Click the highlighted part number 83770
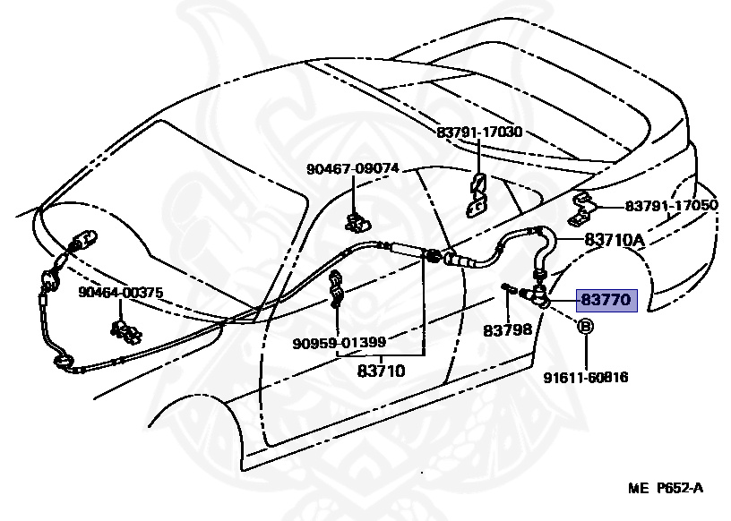(x=606, y=301)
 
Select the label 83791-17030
(x=479, y=132)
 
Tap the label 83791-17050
(x=671, y=206)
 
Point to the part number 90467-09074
(x=352, y=168)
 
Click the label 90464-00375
(x=120, y=292)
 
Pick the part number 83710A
(x=615, y=239)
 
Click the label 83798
(x=508, y=329)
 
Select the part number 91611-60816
(x=586, y=377)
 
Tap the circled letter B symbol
(x=583, y=327)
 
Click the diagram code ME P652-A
(x=665, y=488)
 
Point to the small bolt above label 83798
(x=512, y=288)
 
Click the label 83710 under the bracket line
(x=382, y=370)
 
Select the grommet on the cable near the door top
(x=432, y=256)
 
